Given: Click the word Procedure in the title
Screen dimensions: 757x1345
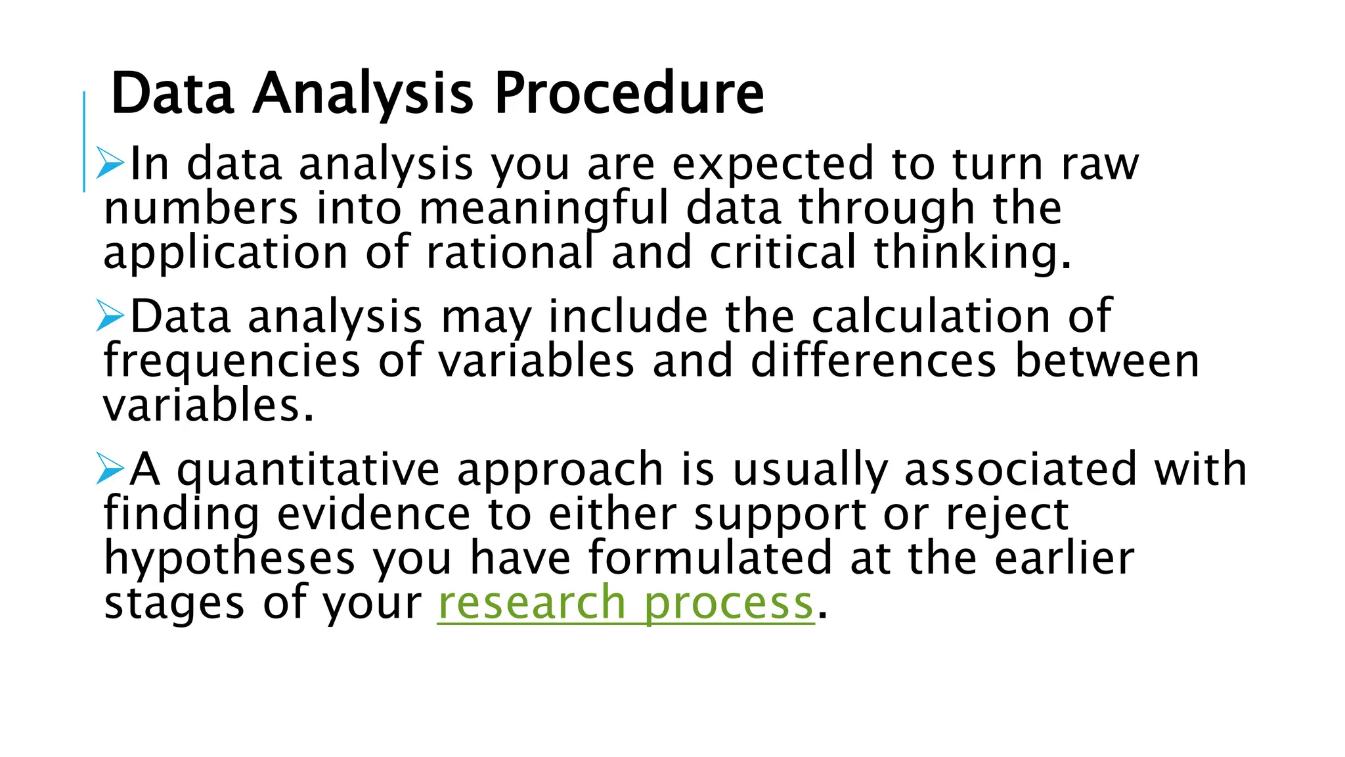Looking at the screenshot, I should pos(628,93).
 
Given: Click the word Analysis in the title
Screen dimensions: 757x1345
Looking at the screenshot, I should pos(363,93).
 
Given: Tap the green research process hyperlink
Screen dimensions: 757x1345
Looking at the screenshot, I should pos(625,603).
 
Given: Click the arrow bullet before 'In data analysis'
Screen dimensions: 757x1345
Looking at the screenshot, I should pos(110,163).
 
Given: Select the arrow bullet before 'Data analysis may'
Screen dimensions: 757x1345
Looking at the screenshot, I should pos(110,316).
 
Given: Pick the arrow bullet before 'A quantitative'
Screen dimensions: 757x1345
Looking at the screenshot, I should pos(110,469).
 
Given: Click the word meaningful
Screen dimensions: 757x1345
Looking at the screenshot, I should pos(543,209).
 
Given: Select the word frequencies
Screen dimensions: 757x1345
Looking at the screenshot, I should pos(232,361).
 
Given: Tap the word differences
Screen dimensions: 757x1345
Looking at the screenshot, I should pos(873,361).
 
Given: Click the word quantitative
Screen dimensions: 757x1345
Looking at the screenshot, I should pos(309,470).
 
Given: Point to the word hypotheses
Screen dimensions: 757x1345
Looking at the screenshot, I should pos(230,559).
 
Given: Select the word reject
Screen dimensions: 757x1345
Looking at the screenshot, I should pos(1007,514).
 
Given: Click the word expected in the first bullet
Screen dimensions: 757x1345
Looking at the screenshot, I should pos(773,164).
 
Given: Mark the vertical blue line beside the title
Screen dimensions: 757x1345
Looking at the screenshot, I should pos(84,141).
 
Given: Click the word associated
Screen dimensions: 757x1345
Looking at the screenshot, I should pos(1021,469).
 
